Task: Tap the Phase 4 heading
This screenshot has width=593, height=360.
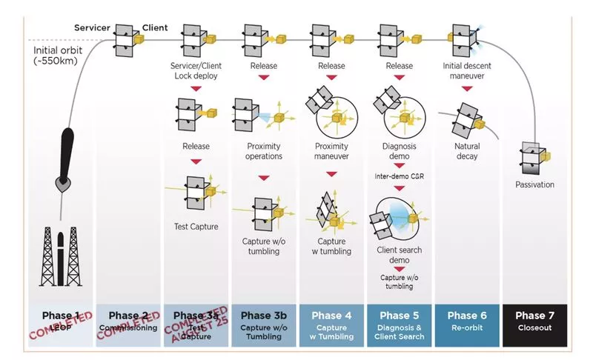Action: click(x=331, y=316)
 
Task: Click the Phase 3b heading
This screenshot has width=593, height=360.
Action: click(x=263, y=316)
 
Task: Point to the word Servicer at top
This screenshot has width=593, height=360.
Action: click(x=92, y=27)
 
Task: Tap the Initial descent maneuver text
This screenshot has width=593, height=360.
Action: click(x=468, y=70)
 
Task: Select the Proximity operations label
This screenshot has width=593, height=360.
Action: click(x=263, y=151)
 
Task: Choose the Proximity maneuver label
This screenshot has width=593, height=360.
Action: click(x=331, y=151)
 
